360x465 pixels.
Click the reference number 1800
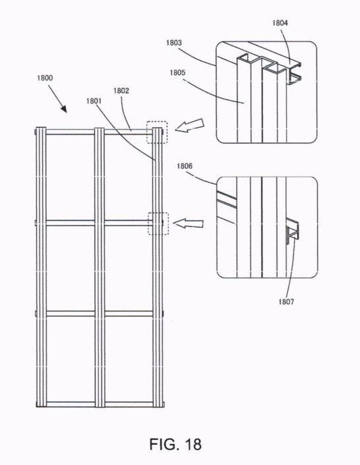[x=45, y=78]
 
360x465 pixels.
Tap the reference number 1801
[x=94, y=101]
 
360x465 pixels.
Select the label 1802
[x=121, y=90]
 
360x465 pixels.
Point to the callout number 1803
[x=174, y=43]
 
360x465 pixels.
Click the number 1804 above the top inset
[x=280, y=22]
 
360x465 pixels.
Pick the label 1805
[x=177, y=73]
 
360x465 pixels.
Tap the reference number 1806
[x=185, y=166]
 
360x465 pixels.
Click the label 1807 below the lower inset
[x=286, y=302]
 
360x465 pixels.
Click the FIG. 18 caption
[x=175, y=445]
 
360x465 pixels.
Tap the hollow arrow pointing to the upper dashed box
[x=190, y=125]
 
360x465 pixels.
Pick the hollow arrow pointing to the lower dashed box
[x=189, y=224]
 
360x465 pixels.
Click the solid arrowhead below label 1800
[x=63, y=109]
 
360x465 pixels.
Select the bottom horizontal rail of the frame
[x=100, y=404]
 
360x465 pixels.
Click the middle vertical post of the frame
[x=100, y=268]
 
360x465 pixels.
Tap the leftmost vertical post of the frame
[x=41, y=268]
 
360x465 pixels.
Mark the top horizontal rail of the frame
[x=100, y=132]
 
